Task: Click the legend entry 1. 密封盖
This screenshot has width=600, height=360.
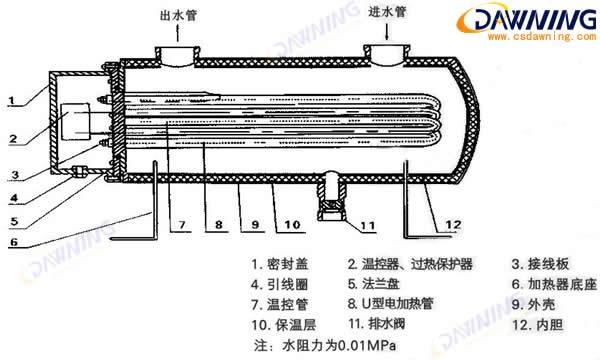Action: tap(278, 265)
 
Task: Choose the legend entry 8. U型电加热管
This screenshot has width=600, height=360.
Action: tap(399, 302)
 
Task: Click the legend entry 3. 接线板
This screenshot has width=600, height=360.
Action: tap(540, 265)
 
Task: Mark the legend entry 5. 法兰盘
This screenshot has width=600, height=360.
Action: tap(379, 284)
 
